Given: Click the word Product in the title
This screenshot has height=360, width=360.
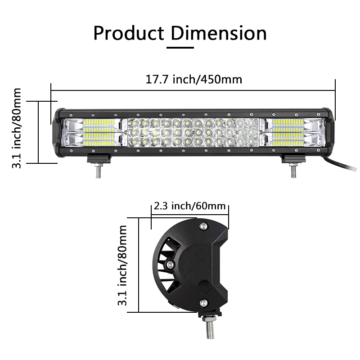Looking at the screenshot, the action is (129, 33).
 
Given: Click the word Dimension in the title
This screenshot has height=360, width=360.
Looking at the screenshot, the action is (219, 33).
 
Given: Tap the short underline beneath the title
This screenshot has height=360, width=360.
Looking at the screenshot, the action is (180, 48).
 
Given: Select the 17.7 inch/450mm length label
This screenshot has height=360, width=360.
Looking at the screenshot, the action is (194, 80).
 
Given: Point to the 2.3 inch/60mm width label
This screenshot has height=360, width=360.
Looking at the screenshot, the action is (189, 206).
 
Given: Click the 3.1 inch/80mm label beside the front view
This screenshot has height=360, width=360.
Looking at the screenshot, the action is (16, 128).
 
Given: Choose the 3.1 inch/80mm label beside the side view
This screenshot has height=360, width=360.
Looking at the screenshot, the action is (122, 265).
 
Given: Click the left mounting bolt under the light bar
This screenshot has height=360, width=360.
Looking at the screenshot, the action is (98, 171).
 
